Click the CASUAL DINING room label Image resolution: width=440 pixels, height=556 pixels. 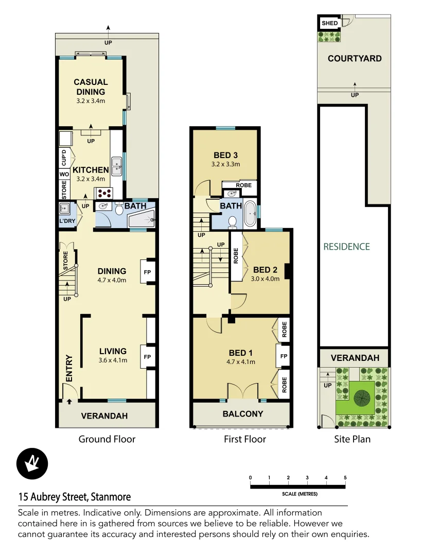91,86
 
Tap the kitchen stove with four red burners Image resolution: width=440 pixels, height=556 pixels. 104,194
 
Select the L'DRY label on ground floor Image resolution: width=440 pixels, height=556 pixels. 67,221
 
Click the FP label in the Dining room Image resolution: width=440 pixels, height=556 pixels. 147,272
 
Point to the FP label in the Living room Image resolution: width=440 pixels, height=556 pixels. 147,357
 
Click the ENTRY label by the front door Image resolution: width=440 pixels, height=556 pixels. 69,368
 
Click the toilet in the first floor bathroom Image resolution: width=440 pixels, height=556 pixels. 232,222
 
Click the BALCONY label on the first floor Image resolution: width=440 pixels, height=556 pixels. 242,414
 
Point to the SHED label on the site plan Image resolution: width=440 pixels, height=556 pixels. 329,23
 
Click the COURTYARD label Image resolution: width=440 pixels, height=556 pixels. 355,59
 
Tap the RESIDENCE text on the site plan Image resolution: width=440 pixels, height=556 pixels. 346,247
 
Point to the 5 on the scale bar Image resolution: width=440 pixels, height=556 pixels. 345,478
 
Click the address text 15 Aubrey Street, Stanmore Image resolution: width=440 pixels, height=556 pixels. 75,497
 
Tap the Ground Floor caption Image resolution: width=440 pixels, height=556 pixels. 107,439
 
